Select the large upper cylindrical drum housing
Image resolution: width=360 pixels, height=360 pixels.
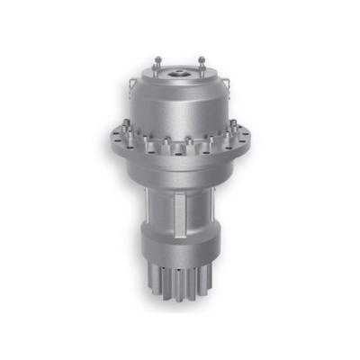(180, 103)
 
